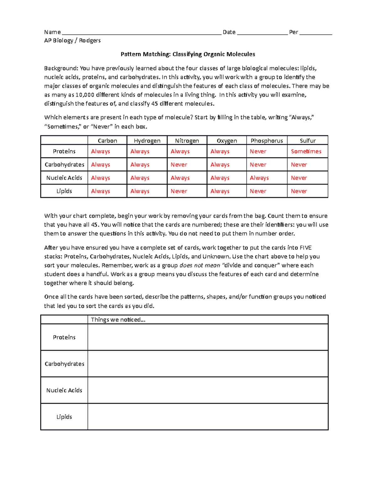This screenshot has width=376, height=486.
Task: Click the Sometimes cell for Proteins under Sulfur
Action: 306,151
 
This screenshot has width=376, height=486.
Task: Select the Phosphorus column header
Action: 267,141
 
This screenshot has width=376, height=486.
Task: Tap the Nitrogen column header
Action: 187,141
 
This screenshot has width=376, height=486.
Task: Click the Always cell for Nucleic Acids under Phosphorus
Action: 259,178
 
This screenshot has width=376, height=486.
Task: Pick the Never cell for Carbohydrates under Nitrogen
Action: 179,165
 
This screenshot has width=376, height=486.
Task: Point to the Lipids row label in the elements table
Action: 64,191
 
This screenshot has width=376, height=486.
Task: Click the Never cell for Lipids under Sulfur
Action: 299,191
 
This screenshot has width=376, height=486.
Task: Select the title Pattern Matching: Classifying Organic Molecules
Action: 188,54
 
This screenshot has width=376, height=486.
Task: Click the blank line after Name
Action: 141,33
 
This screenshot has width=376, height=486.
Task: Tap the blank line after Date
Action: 262,33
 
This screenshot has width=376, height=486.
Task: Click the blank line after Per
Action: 315,33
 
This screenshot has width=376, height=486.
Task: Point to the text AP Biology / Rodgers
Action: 72,40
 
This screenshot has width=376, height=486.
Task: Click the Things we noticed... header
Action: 118,320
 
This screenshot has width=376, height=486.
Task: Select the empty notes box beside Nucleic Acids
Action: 207,390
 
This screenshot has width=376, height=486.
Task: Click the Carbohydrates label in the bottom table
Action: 64,364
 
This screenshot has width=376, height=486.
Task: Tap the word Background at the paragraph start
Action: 60,68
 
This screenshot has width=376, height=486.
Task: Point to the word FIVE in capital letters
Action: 305,248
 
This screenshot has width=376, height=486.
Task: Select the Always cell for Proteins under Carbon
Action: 100,151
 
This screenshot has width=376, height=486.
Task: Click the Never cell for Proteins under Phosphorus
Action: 258,151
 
